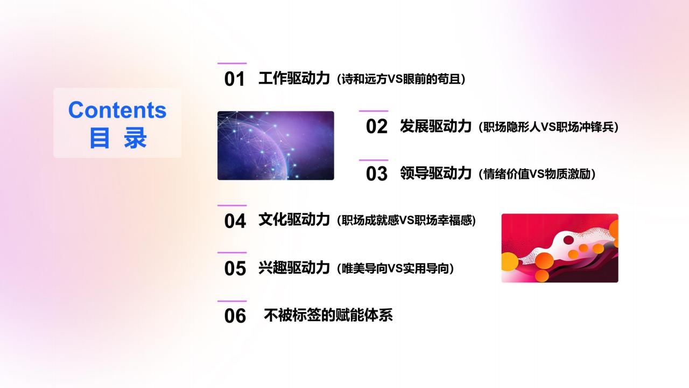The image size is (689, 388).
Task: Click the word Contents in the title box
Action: [117, 110]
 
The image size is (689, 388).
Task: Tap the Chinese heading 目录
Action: [117, 138]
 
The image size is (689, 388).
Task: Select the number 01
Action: [235, 80]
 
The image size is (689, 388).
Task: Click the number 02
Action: [377, 127]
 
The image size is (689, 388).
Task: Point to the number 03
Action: [377, 174]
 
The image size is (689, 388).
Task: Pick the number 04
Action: [235, 221]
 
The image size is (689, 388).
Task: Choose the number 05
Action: [235, 268]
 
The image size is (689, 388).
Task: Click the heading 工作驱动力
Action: [294, 79]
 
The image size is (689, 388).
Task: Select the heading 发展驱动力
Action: [435, 126]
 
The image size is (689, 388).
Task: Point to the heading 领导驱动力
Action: [435, 174]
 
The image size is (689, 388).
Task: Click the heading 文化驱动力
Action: [294, 220]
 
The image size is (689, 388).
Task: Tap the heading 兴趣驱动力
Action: [294, 268]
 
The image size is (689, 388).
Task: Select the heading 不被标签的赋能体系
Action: [328, 315]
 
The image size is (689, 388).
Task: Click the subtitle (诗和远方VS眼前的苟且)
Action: [400, 79]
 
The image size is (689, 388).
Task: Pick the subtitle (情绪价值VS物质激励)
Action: [537, 174]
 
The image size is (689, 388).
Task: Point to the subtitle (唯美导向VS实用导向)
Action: [395, 268]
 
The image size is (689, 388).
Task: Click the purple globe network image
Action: [276, 145]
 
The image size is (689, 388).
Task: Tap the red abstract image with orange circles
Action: [560, 248]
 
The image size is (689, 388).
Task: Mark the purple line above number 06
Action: [232, 301]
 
